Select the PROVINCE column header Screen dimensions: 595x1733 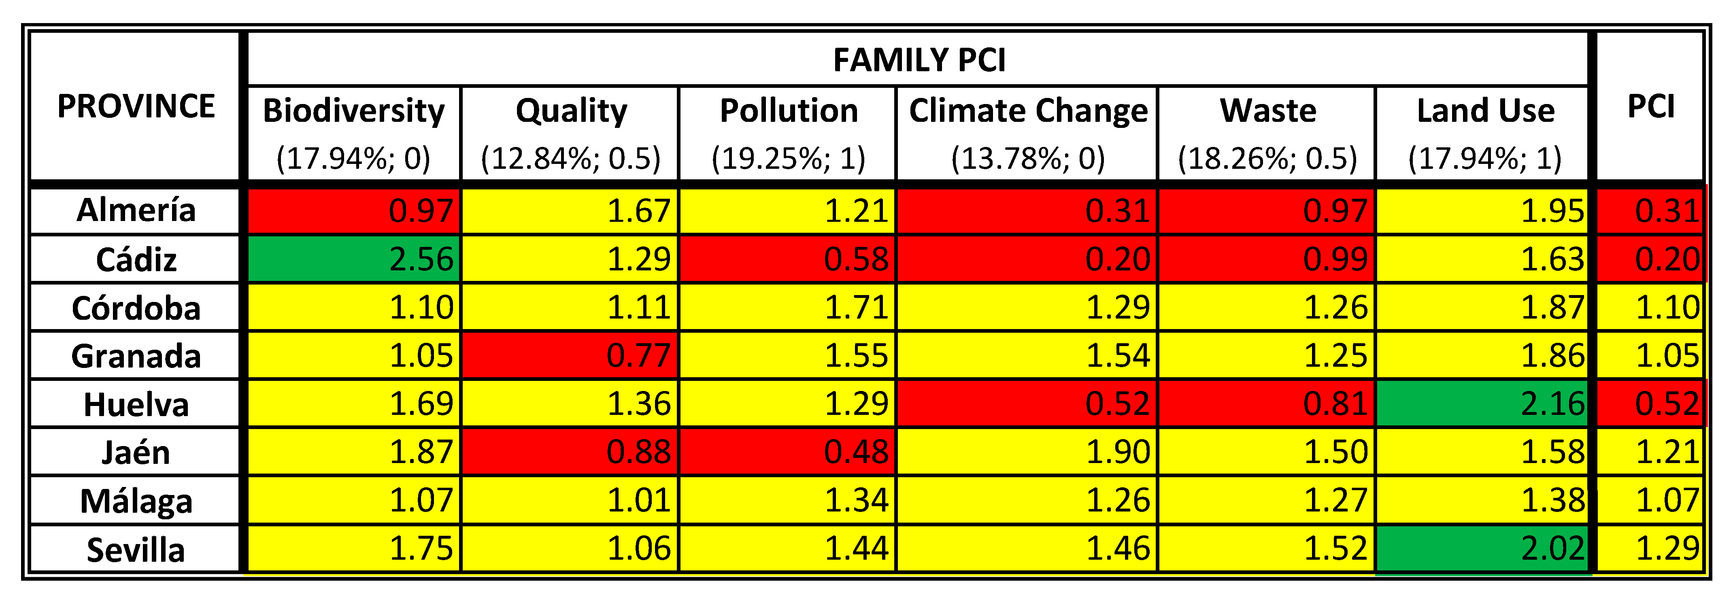click(x=136, y=106)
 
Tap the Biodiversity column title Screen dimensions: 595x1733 click(x=354, y=110)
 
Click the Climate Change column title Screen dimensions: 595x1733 click(x=1028, y=110)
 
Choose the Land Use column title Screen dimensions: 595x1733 click(x=1485, y=110)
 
